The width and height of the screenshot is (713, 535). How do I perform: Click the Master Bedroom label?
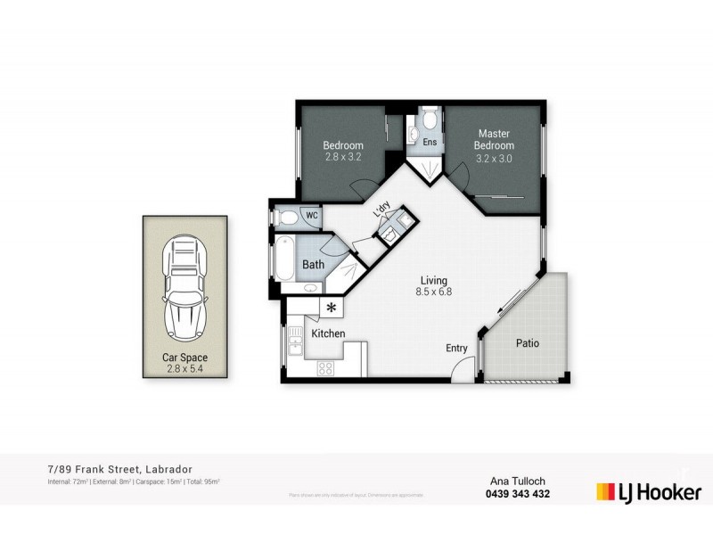click(x=494, y=139)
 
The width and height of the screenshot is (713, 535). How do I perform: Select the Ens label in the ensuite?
click(x=430, y=142)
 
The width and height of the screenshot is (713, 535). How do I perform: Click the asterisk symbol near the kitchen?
click(x=332, y=308)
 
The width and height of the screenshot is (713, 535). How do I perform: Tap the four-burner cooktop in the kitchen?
click(x=326, y=367)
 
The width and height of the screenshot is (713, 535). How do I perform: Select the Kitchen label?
click(x=328, y=333)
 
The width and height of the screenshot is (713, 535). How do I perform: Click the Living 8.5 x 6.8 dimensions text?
click(x=433, y=291)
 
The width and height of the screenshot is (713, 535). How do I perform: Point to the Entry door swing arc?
click(x=461, y=368)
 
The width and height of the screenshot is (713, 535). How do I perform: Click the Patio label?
click(x=528, y=342)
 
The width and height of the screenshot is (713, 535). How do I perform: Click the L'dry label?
click(x=381, y=209)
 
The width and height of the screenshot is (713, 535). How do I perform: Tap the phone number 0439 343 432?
click(x=517, y=494)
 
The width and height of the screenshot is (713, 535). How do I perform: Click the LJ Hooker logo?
click(x=649, y=491)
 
